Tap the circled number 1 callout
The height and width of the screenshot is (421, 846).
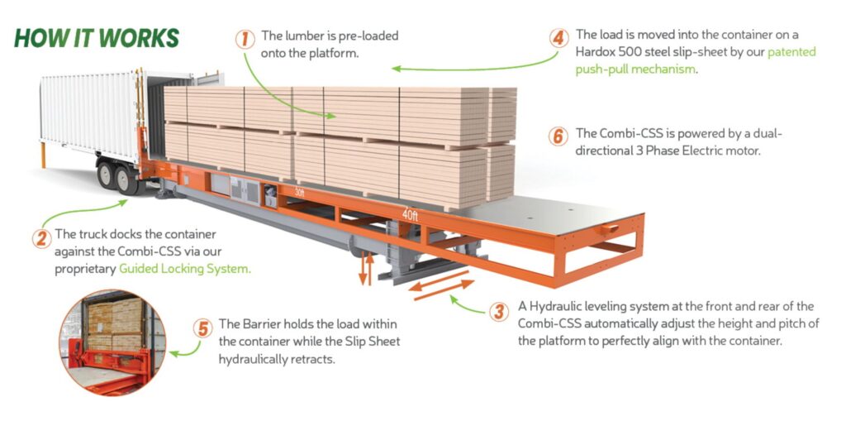coord(244,38)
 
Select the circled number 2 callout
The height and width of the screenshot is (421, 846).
coord(41,238)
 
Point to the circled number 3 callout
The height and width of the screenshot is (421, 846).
coord(498,311)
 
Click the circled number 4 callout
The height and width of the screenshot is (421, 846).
coord(559,38)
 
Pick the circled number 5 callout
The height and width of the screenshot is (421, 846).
coord(202,328)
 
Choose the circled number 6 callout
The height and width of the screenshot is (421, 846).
coord(559,136)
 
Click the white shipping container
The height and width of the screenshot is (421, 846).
coord(91,116)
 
